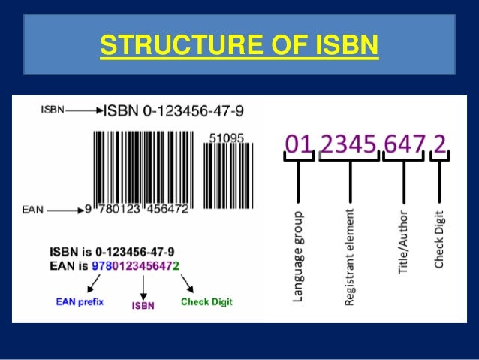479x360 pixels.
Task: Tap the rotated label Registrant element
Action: tap(349, 260)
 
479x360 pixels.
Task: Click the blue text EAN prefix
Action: tap(80, 302)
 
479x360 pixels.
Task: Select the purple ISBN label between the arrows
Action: tap(143, 306)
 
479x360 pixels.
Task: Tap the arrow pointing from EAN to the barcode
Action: tap(66, 210)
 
